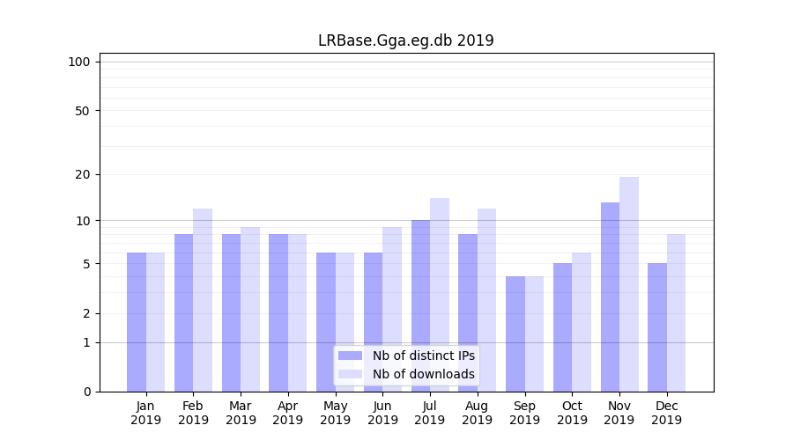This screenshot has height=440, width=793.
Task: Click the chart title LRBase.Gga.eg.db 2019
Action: pos(405,40)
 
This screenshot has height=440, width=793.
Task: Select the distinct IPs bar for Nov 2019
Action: pos(610,297)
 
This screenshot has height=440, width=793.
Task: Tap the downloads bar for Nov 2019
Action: pos(629,284)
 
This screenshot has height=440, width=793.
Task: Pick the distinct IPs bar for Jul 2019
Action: pos(420,306)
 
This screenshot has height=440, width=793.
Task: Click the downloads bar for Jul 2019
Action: pos(440,295)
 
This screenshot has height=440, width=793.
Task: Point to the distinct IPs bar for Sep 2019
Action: pos(515,334)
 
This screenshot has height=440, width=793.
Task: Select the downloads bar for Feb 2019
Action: pos(203,300)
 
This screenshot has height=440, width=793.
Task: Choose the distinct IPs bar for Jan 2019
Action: pos(137,322)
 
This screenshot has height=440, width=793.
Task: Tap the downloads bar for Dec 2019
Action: pos(677,313)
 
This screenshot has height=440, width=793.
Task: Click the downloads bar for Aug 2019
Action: pos(487,300)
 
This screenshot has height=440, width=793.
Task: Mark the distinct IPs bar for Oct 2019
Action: pos(563,327)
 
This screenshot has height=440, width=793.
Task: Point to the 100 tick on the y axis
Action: pos(79,62)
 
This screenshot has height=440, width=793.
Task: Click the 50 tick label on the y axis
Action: pos(82,111)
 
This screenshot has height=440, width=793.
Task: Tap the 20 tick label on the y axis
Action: pos(82,174)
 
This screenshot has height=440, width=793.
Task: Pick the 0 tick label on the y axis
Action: pos(86,392)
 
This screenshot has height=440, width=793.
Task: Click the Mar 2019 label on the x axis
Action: pos(241,413)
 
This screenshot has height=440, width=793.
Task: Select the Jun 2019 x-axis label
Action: pos(382,413)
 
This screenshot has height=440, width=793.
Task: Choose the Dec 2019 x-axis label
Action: pos(666,413)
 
